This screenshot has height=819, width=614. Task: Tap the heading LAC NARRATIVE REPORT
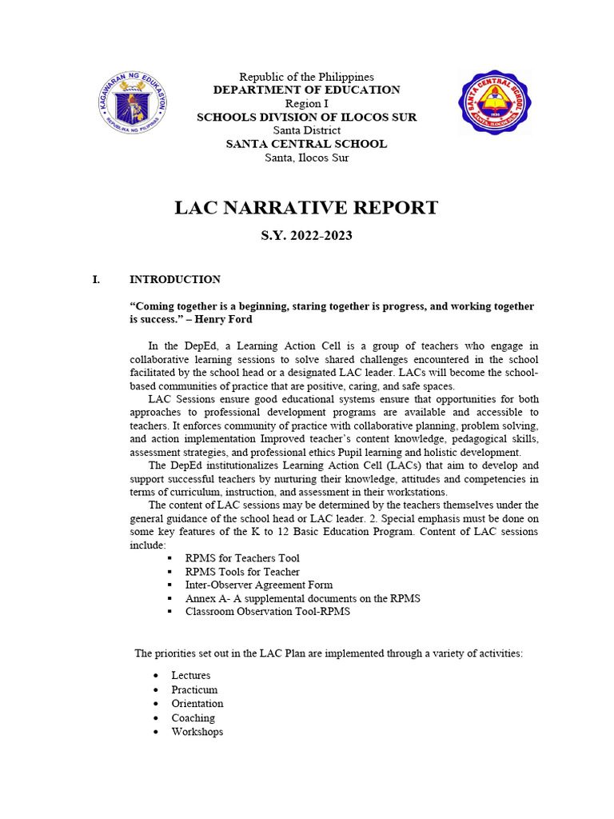point(306,208)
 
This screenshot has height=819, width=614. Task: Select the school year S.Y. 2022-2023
point(306,236)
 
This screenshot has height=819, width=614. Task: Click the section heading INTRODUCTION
point(175,280)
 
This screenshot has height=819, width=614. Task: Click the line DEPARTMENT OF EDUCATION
point(306,90)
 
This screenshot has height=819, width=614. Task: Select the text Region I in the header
point(306,104)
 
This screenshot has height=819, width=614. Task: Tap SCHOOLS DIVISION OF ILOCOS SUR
point(306,118)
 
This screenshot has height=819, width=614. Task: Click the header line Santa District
point(306,130)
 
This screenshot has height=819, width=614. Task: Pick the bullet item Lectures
point(191,676)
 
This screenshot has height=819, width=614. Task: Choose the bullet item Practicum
point(194,689)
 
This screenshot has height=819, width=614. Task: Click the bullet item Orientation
point(197,704)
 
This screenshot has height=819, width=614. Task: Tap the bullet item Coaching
point(193,718)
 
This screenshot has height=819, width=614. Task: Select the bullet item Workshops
point(197,732)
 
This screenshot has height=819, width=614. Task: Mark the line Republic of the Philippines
point(306,77)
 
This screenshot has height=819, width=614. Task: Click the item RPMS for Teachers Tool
point(242,558)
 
